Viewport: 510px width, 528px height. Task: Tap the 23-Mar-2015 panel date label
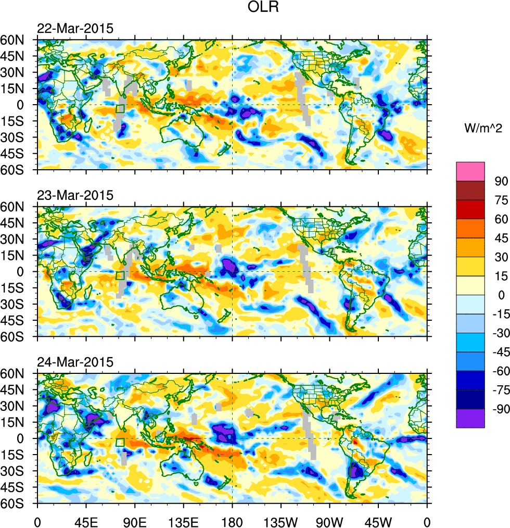point(75,196)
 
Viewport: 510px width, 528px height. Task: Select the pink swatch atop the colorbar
point(470,171)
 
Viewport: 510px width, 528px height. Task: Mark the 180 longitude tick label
point(232,521)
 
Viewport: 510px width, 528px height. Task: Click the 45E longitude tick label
point(86,521)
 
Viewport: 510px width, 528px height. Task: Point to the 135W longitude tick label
point(281,521)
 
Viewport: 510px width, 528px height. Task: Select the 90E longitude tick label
point(135,521)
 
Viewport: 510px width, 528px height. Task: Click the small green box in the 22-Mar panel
point(120,109)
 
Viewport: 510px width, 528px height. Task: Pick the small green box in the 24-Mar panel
point(120,442)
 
